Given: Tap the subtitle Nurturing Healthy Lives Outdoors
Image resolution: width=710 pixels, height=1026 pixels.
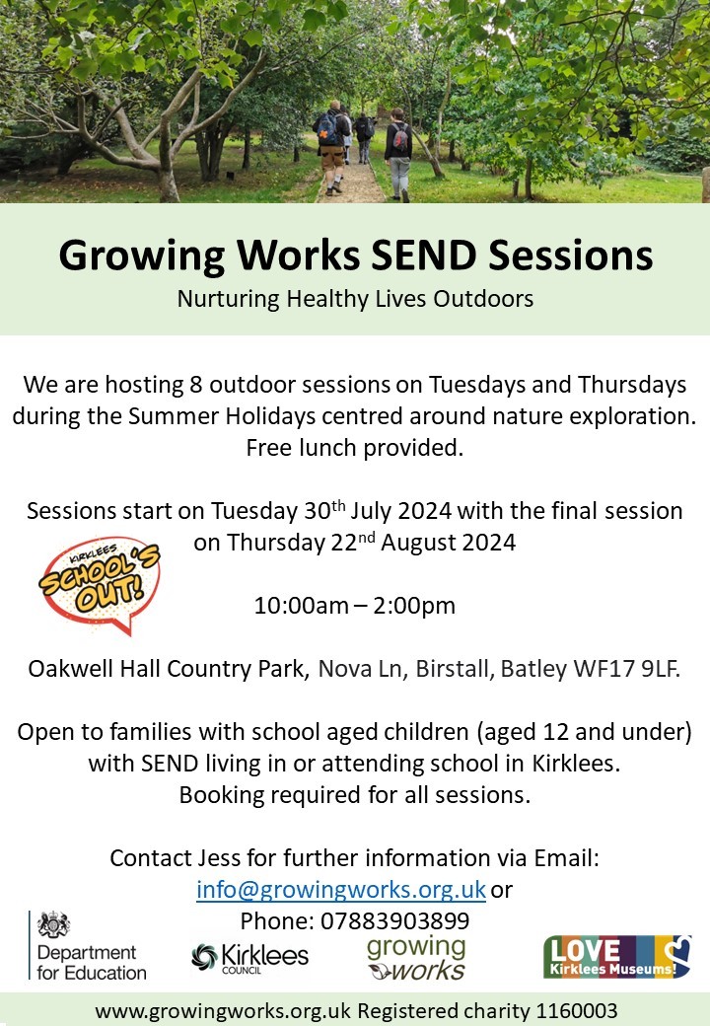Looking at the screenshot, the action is tap(355, 298).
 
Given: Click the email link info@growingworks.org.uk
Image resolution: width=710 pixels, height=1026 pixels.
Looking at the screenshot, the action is tap(341, 890).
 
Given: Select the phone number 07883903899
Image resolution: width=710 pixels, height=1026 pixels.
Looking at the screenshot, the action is tap(394, 921).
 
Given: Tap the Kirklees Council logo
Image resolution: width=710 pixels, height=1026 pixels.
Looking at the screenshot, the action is tap(249, 958).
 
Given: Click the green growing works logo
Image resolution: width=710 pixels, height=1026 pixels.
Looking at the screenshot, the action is tap(416, 959).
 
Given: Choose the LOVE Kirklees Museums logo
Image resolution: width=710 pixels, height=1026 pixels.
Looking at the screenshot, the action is tap(617, 957).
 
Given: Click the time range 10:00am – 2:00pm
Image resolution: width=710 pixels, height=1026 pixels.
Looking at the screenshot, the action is tap(354, 606).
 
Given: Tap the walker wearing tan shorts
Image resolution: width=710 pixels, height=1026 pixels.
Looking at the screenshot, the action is tap(331, 147).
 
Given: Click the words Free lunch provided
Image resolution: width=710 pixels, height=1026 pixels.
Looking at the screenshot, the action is tap(355, 448).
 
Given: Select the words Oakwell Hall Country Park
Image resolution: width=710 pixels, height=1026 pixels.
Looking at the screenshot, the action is tap(168, 669).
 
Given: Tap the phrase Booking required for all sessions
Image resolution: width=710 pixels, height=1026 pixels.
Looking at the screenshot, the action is tap(355, 795).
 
